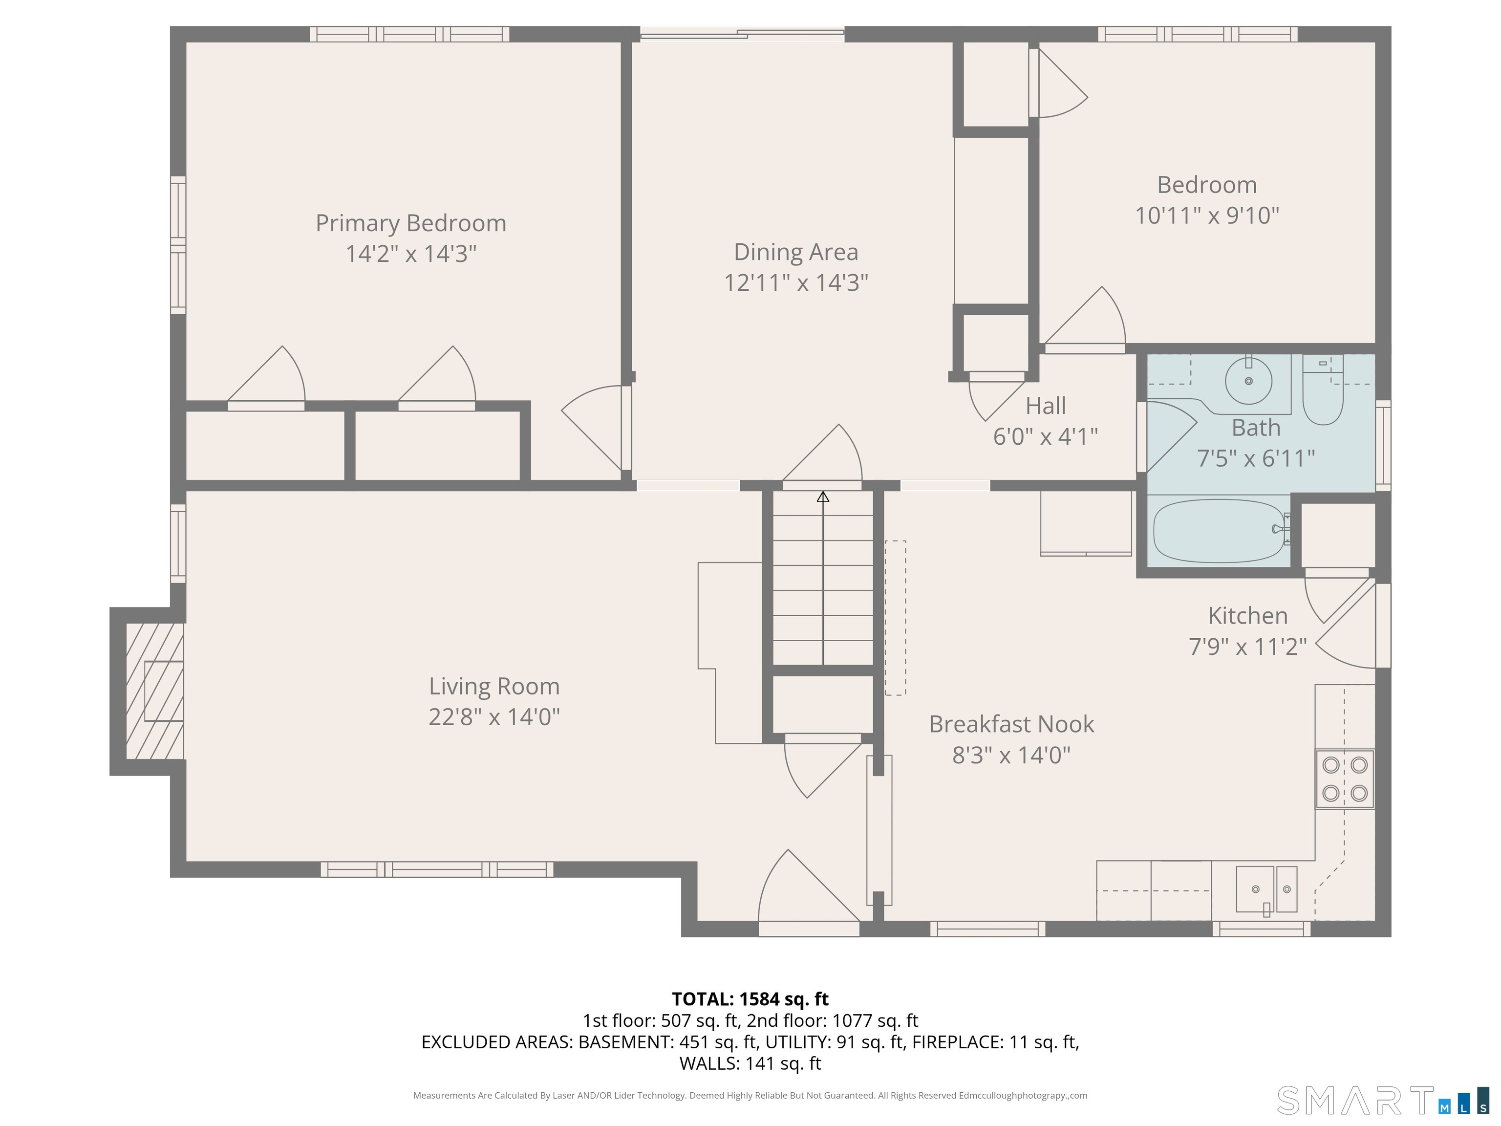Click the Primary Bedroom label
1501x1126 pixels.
410,223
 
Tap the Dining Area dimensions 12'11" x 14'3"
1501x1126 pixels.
796,282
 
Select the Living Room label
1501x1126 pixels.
494,686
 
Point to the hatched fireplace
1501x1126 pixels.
155,691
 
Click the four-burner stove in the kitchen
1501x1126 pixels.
1345,779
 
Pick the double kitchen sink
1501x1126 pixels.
1266,890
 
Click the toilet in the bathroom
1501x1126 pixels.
1323,391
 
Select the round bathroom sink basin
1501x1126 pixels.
1248,381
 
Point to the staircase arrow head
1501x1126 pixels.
823,497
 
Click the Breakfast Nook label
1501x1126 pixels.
1011,724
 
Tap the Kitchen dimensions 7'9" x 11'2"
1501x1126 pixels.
1247,646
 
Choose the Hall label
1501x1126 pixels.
1046,406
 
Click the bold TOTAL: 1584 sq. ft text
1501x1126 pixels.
750,999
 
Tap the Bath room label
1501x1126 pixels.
1256,428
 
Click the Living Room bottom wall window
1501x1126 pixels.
437,869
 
